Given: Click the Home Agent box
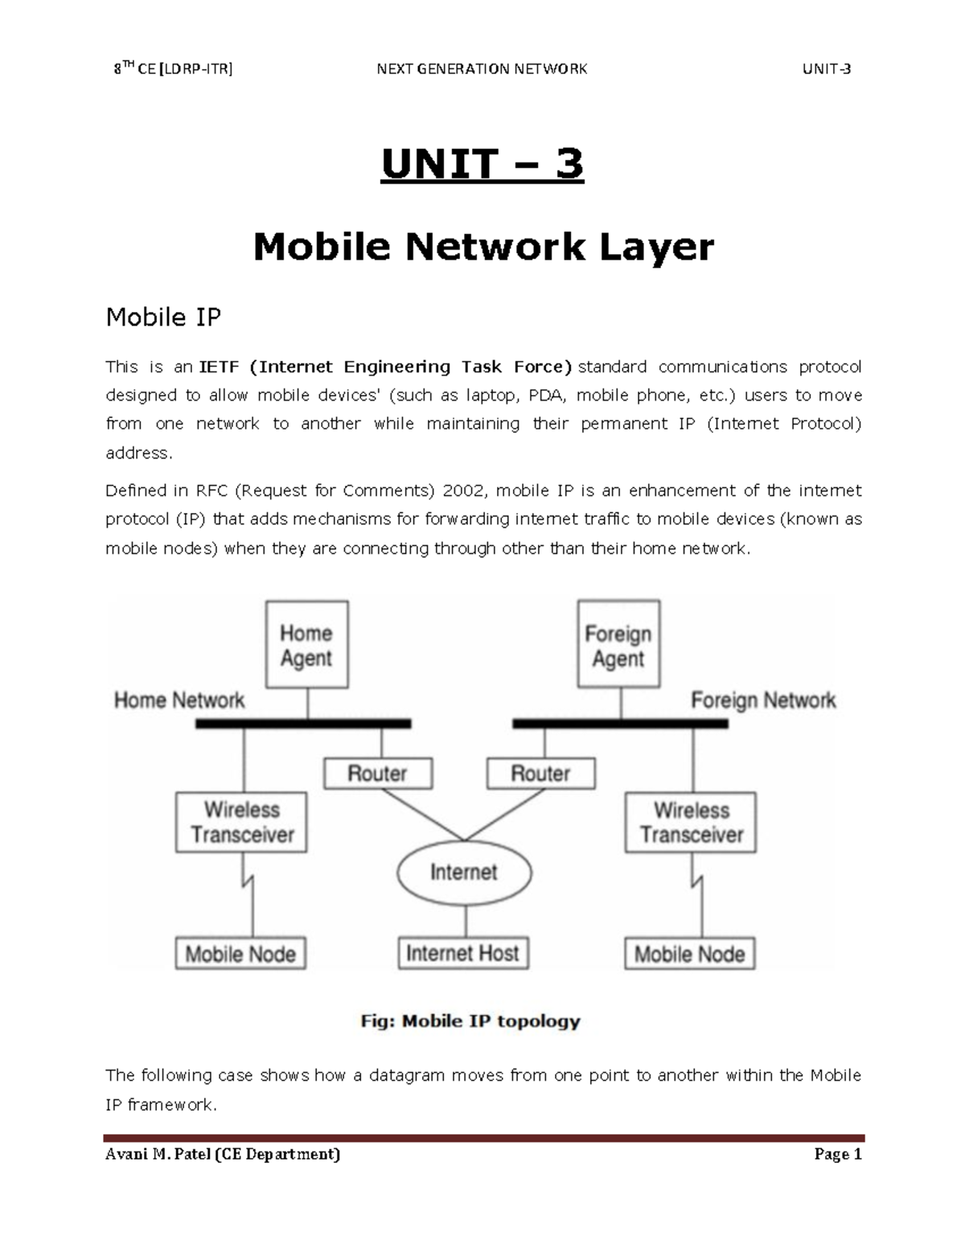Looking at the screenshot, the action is [x=306, y=645].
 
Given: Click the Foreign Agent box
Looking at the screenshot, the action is [x=618, y=645].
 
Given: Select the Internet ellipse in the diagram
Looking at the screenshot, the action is [x=464, y=873].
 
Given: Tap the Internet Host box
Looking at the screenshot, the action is [x=463, y=954].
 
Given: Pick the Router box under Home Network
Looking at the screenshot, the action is [x=377, y=774].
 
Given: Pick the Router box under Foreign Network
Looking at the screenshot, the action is [x=540, y=774].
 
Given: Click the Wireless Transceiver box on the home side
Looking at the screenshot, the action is [x=241, y=822].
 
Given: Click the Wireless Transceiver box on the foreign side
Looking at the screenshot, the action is [x=691, y=822].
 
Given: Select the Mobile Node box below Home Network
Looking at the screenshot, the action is [x=240, y=955].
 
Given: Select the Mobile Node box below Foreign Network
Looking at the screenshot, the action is [x=690, y=955].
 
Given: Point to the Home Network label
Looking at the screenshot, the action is [x=179, y=701].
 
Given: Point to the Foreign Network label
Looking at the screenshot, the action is [x=763, y=701].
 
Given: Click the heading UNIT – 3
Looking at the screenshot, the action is [x=482, y=165].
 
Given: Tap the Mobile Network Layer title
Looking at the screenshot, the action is [x=483, y=246].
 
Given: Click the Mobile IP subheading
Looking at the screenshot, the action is [x=163, y=318].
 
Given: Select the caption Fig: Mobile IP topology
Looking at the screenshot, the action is [x=470, y=1021].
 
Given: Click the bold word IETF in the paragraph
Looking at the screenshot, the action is [x=219, y=368].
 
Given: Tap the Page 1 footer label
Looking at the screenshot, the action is [x=837, y=1155].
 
